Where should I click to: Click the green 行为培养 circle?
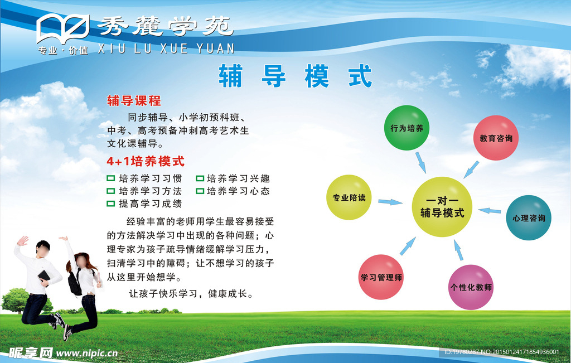point(407,128)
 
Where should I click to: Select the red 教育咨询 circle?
point(496,138)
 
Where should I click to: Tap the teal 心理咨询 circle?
point(529,217)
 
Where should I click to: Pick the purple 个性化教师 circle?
point(471,287)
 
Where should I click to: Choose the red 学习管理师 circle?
point(381,277)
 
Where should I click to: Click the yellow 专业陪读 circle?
point(349,197)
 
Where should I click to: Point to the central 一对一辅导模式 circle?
point(442,207)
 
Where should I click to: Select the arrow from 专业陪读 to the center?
point(390,202)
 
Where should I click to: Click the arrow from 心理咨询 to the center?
point(490,210)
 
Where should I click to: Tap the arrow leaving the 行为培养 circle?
point(420,162)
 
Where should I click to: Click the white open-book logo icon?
point(63,28)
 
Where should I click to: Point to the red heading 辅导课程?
point(134,101)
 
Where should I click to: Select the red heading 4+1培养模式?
point(146,161)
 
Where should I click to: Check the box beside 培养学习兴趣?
point(200,178)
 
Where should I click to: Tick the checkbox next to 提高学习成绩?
point(111,204)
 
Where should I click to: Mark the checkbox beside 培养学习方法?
point(111,191)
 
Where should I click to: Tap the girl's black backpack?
point(75,282)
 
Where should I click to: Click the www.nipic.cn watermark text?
point(86,353)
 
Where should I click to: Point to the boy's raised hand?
point(22,241)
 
